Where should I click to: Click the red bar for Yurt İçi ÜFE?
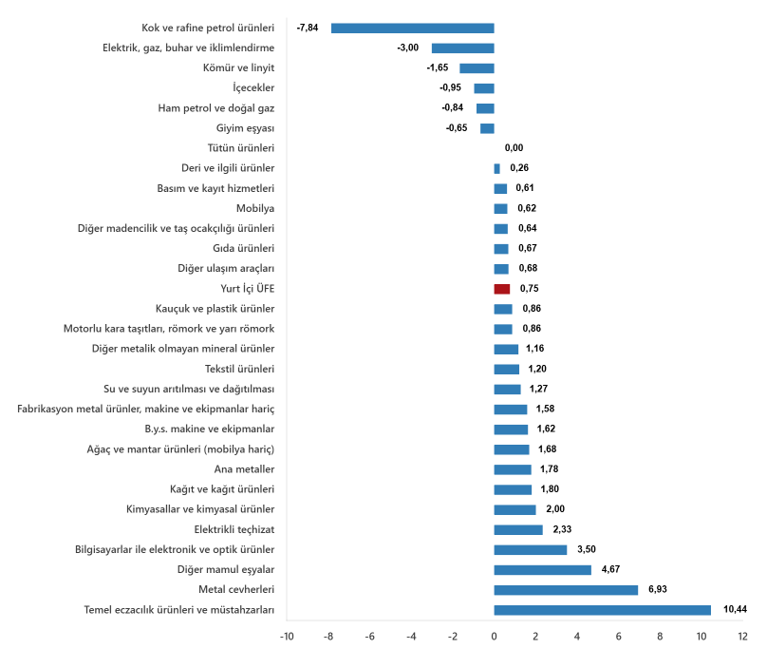click(502, 289)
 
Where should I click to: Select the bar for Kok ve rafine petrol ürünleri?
click(412, 29)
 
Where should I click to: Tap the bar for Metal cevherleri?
click(566, 590)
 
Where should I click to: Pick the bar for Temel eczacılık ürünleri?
click(602, 610)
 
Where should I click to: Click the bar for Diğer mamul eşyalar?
click(542, 570)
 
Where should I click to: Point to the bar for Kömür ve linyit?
click(477, 68)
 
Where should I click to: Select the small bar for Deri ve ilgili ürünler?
click(497, 169)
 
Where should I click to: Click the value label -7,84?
click(308, 28)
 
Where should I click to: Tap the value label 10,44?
click(736, 609)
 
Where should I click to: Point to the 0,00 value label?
click(514, 148)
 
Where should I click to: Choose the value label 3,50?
click(587, 549)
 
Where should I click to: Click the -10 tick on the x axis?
click(287, 637)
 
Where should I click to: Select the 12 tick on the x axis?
click(742, 637)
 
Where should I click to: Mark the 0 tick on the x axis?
click(494, 637)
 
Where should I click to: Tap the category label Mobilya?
click(255, 209)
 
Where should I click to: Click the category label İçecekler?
click(253, 88)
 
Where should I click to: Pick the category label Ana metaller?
click(244, 469)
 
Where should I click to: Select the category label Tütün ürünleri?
click(241, 148)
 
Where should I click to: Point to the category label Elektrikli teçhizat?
click(234, 530)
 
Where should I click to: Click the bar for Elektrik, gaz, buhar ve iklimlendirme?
click(462, 48)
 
